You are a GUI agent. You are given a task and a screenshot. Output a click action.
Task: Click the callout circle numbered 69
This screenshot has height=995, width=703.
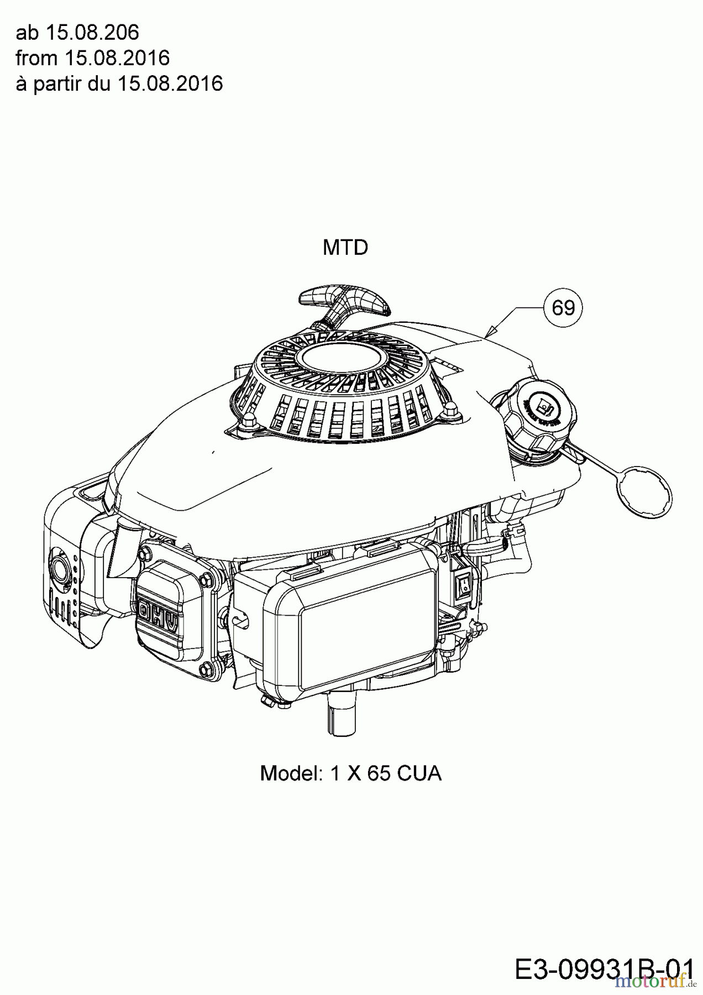[x=563, y=307]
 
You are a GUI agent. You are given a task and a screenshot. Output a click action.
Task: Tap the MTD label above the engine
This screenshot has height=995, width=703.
[x=345, y=247]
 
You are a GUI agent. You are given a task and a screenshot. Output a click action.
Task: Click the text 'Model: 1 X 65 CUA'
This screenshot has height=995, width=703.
[x=350, y=773]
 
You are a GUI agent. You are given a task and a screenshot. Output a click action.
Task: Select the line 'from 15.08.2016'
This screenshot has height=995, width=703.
[x=92, y=58]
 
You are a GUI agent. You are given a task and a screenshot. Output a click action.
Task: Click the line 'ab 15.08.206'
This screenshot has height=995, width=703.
[x=77, y=33]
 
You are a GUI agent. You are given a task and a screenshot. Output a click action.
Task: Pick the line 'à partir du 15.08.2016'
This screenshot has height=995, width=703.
[x=119, y=83]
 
